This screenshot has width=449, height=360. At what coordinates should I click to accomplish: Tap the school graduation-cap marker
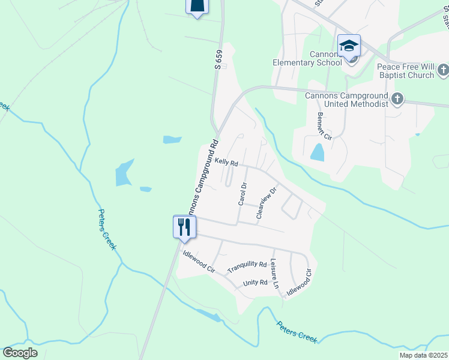[x=349, y=46]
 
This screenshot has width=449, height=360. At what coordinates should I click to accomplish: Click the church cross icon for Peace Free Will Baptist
[x=442, y=70]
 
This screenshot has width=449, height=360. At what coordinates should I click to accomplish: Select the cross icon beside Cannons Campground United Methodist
[x=397, y=98]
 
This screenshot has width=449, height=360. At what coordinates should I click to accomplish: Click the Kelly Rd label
[x=227, y=163]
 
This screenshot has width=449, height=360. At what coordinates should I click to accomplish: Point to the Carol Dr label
[x=243, y=194]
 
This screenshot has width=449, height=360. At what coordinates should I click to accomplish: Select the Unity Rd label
[x=255, y=283]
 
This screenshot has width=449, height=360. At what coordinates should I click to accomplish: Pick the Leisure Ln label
[x=275, y=273]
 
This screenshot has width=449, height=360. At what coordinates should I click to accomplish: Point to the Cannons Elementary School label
[x=325, y=58]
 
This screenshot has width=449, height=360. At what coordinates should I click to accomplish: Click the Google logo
[x=20, y=353]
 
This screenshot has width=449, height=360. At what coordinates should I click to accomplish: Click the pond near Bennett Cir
[x=318, y=152]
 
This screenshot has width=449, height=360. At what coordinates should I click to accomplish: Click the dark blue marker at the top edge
[x=197, y=7]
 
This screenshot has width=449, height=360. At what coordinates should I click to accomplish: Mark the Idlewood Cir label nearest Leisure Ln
[x=300, y=281]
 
